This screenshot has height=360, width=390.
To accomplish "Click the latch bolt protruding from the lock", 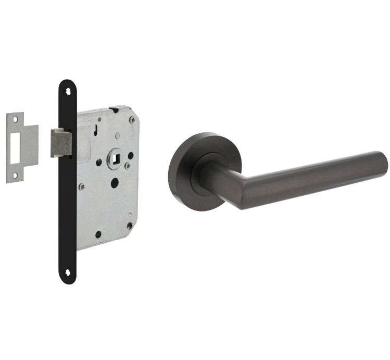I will pos(60,142).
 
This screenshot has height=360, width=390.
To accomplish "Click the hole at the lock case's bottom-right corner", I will pos(129,226).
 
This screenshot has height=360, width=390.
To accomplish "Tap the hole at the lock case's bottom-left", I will pos(98,234).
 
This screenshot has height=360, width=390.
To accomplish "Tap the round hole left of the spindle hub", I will pos(98,162).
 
